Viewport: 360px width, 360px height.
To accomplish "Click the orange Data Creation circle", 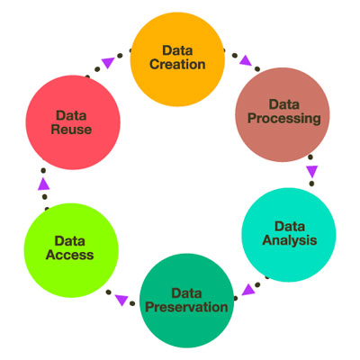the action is point(177,59).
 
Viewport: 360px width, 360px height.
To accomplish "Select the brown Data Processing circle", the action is point(283,114).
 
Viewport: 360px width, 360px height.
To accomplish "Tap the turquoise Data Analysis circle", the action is point(289,235).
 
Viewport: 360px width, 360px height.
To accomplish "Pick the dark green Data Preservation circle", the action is point(186,301).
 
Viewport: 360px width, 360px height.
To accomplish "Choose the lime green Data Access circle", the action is point(71,250).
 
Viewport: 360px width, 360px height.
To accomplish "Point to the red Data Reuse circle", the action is point(73,122).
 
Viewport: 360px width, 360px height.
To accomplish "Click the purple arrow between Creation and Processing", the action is point(246,60).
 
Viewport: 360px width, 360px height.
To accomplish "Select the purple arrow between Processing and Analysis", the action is point(312,171).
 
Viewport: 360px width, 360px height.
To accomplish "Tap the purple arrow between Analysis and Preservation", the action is point(248,290).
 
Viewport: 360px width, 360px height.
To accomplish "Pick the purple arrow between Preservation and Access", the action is point(121,300).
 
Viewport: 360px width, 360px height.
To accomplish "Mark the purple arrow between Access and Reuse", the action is point(44,184).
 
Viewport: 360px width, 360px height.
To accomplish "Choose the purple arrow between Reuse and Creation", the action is point(108,62).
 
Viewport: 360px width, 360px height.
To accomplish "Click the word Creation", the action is point(177,65).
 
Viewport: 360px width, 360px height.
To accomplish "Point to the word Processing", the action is point(284,119).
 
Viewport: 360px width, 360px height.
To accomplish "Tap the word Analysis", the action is point(290,240).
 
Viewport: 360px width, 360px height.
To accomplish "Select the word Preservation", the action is point(186,307).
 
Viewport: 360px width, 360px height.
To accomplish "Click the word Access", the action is point(69,255).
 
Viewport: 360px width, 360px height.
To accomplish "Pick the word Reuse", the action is point(71,130).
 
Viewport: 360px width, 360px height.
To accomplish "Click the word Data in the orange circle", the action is point(177,50).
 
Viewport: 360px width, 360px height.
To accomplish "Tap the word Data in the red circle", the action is point(71,115).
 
